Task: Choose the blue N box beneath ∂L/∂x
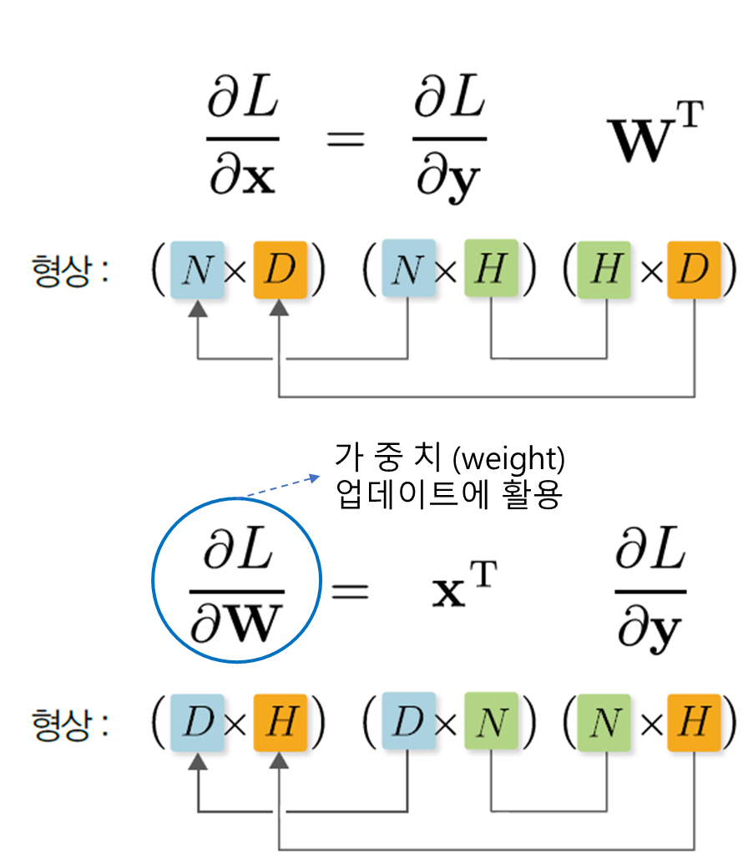[197, 270]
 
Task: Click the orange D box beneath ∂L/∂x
[280, 270]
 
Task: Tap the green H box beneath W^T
[604, 270]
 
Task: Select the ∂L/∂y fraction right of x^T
[649, 591]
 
